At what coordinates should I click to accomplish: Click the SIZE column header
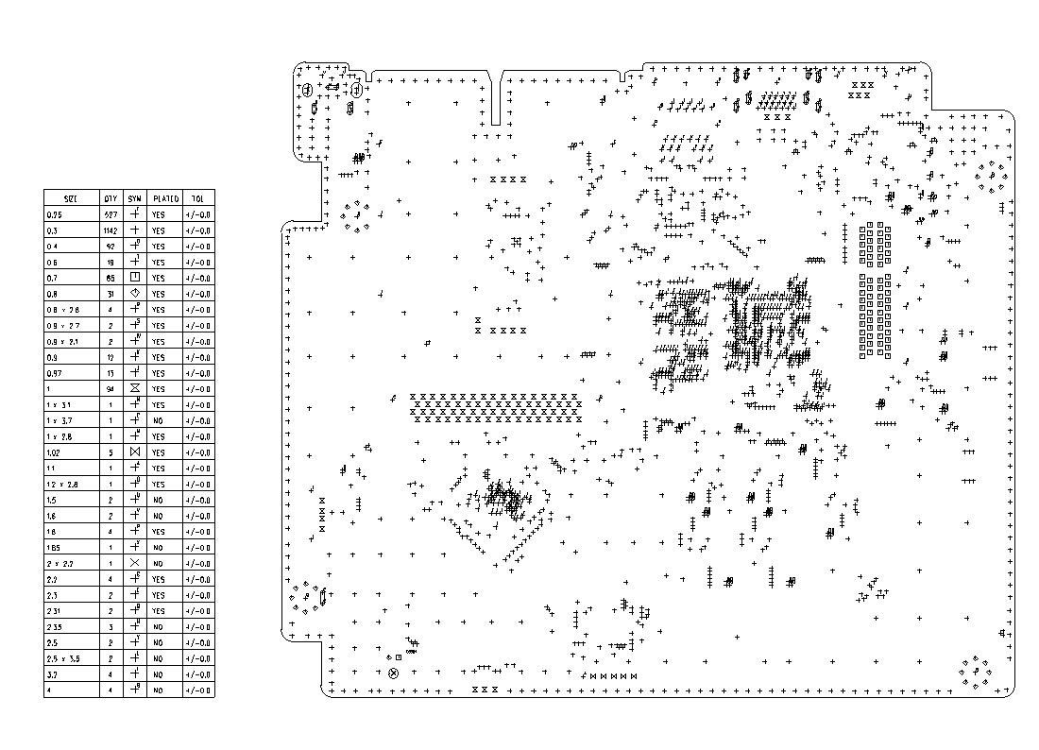(71, 198)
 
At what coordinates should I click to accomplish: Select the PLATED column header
(166, 198)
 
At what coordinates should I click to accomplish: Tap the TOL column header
(197, 198)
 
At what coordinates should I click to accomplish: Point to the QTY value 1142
(111, 230)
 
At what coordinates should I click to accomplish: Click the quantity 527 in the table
(111, 214)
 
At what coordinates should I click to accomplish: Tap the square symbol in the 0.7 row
(135, 278)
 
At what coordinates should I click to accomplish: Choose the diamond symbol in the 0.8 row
(135, 294)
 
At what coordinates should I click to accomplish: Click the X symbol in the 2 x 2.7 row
(134, 563)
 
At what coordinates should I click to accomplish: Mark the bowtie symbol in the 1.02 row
(134, 452)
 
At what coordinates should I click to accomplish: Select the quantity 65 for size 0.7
(111, 278)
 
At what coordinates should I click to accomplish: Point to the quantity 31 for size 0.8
(111, 294)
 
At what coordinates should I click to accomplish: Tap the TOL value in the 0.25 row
(198, 214)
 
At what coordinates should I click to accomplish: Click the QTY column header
(111, 198)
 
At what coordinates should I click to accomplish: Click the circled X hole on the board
(394, 673)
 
